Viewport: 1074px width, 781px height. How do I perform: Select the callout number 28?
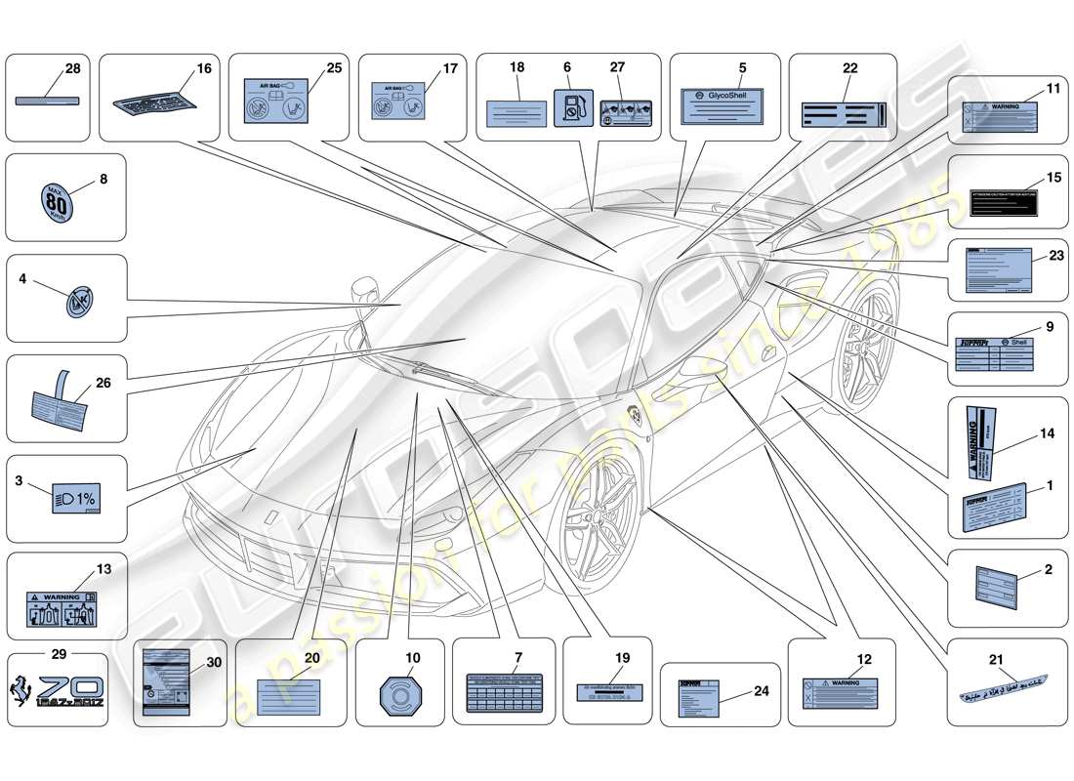tap(72, 68)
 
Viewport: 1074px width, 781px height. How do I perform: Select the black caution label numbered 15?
tap(1003, 201)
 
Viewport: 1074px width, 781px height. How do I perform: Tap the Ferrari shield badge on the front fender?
tap(635, 415)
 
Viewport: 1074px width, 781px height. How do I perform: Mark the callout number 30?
tap(210, 663)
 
